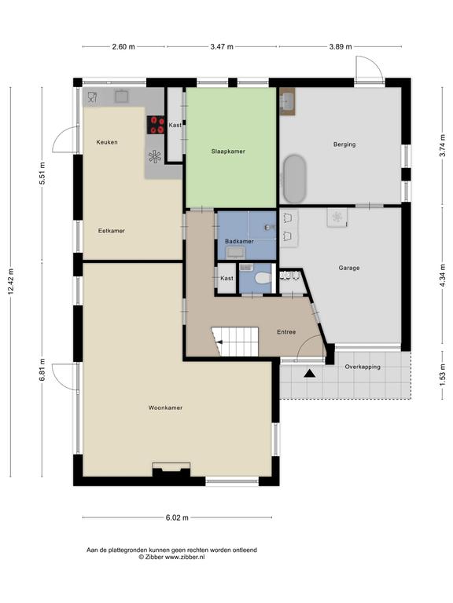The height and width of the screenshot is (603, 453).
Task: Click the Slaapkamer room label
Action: pos(228,151)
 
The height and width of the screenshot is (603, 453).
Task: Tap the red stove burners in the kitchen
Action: pos(156,125)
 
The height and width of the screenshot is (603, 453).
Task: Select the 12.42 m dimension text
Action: pos(11,282)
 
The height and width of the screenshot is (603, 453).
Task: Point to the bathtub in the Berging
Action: pos(295,179)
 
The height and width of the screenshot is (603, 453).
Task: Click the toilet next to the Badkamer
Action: pos(263,278)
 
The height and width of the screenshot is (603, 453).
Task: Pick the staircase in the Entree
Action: pos(234,342)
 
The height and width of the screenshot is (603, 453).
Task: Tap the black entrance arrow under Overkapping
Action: pos(309,373)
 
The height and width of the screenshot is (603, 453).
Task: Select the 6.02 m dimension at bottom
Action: pos(177,517)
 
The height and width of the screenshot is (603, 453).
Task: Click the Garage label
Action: pos(349,268)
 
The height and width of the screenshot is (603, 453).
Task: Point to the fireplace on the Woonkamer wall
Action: pos(171,470)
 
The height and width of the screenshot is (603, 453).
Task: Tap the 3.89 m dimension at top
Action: pos(341,47)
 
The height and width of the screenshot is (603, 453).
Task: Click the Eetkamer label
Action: pos(112,231)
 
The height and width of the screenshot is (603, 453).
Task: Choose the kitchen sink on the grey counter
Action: pos(122,96)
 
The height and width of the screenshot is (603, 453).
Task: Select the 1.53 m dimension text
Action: pos(443,376)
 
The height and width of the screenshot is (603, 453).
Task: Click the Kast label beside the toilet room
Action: pos(226,278)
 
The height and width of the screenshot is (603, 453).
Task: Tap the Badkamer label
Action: pos(239,242)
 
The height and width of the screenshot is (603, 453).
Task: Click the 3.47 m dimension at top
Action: pos(222,47)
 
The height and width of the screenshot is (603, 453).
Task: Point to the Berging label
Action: pos(344,144)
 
